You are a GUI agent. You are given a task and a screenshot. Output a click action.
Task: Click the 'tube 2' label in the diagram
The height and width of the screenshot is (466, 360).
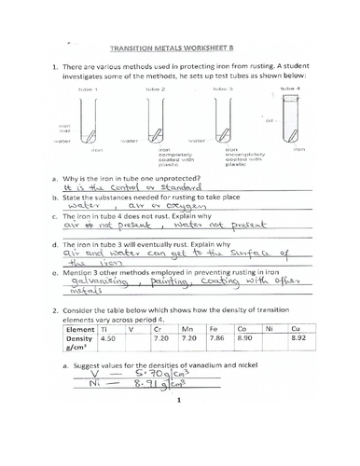[157, 89]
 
